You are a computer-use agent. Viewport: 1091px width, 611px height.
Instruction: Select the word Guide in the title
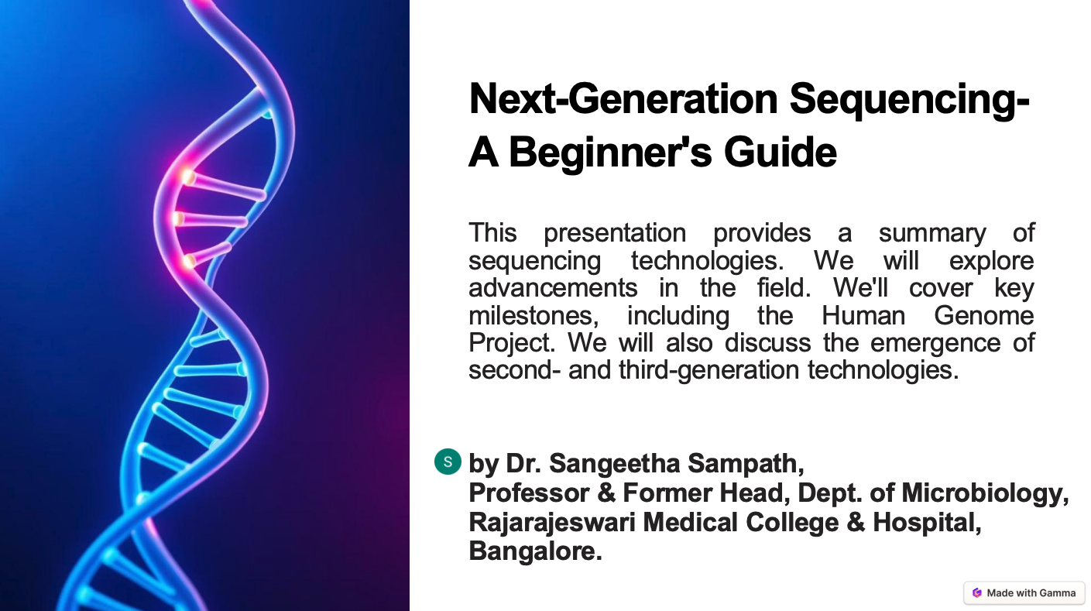tap(781, 152)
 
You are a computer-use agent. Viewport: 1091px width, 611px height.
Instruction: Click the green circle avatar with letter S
tap(448, 462)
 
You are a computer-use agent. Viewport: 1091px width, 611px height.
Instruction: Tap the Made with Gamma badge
tap(1024, 593)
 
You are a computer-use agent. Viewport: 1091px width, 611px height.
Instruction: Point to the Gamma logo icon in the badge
tap(976, 593)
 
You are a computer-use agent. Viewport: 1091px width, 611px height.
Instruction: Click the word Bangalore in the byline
tap(533, 551)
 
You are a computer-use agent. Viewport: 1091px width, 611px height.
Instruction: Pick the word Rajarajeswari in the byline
tap(552, 522)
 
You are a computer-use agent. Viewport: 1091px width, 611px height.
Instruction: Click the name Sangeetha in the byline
tap(615, 464)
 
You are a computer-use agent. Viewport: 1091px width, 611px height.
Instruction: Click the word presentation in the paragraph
tap(615, 233)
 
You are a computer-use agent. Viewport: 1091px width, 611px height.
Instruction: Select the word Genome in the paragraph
tap(984, 316)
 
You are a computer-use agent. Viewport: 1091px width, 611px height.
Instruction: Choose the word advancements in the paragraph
tap(553, 288)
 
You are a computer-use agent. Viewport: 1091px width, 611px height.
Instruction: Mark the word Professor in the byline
tap(529, 493)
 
